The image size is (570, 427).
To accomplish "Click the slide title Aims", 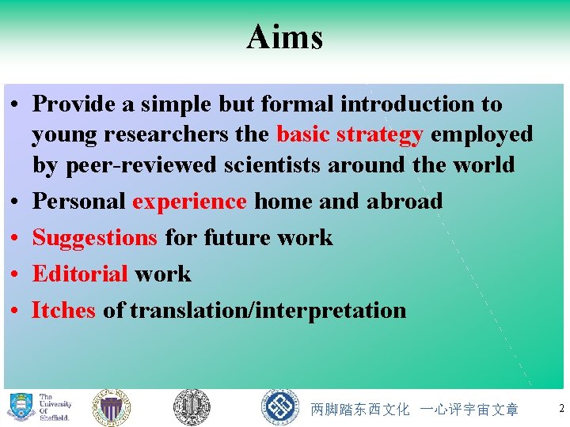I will point(284,37).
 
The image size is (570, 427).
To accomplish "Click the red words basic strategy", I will point(349,134).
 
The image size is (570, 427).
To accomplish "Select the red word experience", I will point(189,202).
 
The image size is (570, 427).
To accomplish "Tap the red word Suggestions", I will point(95,238).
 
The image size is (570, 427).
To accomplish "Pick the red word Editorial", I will point(80,274).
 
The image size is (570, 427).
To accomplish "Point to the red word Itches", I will point(63,311).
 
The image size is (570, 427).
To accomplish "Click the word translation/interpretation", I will point(268,311).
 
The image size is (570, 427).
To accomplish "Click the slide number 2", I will point(561,409).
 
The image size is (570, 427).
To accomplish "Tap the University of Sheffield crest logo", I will point(21,407).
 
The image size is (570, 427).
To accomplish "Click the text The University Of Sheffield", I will point(55,407).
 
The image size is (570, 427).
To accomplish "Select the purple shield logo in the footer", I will point(111,408).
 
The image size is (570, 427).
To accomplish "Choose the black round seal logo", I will point(192,408).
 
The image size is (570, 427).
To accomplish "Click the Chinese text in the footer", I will point(415,410).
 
